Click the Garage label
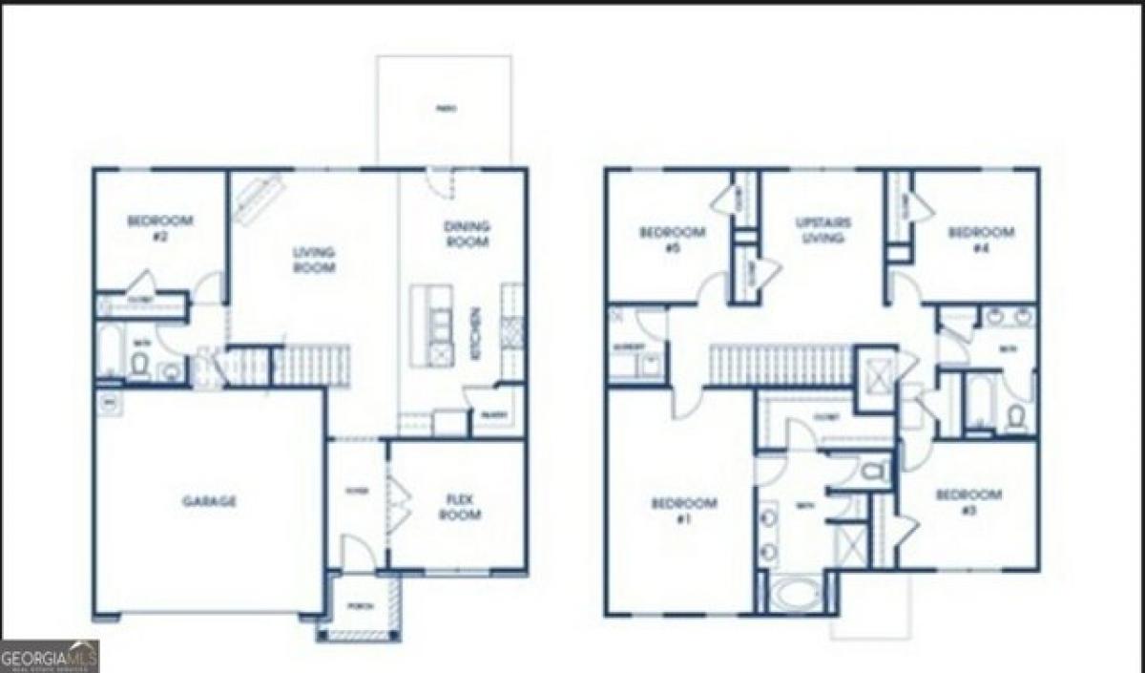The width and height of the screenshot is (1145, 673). pos(210,501)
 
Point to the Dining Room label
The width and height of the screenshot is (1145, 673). pos(467,234)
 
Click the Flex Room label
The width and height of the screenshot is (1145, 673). pos(459,506)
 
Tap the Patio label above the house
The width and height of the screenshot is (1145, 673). pos(444,109)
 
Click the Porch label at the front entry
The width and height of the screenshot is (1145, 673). pos(360,605)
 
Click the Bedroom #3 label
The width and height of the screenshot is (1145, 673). pos(969,502)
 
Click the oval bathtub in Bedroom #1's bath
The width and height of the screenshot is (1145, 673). pos(795,593)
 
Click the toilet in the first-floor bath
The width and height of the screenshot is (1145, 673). pos(139,364)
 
